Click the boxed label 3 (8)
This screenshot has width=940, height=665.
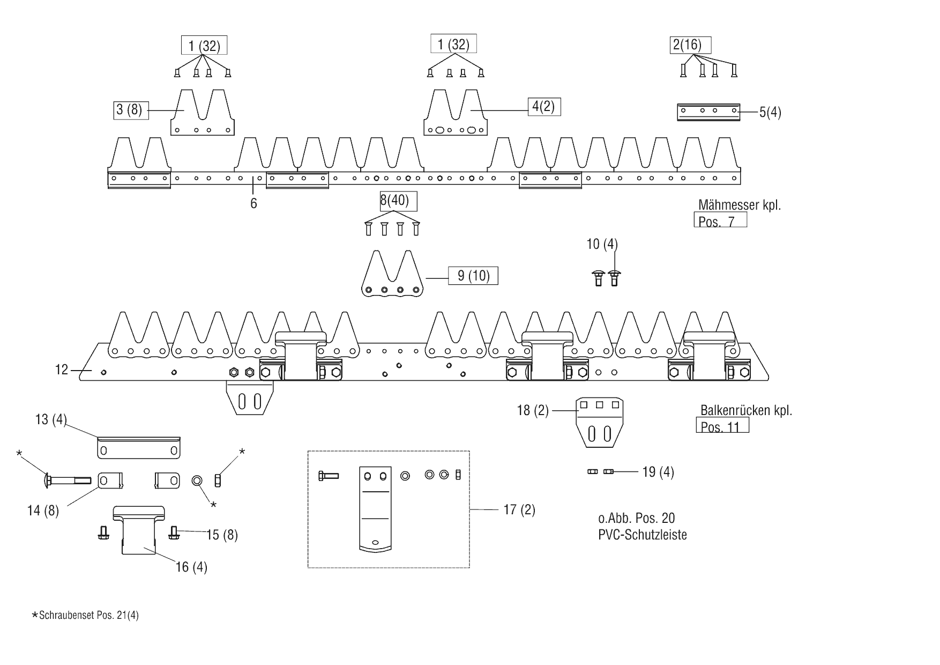click(131, 110)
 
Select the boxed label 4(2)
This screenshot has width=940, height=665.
click(543, 107)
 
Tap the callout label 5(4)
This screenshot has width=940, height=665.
click(770, 113)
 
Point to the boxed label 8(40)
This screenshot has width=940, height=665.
click(394, 201)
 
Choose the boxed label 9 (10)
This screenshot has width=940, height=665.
click(473, 276)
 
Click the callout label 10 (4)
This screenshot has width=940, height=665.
click(602, 245)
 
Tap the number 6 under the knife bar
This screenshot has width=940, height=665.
click(253, 204)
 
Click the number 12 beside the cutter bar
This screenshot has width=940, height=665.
click(62, 370)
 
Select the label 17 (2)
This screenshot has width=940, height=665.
click(519, 509)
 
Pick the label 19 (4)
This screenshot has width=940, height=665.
click(658, 472)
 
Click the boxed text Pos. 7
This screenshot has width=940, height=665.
click(720, 220)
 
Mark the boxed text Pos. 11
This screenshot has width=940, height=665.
click(722, 426)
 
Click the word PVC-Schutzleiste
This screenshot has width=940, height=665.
click(643, 535)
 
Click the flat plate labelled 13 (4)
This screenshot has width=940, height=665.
click(138, 448)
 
